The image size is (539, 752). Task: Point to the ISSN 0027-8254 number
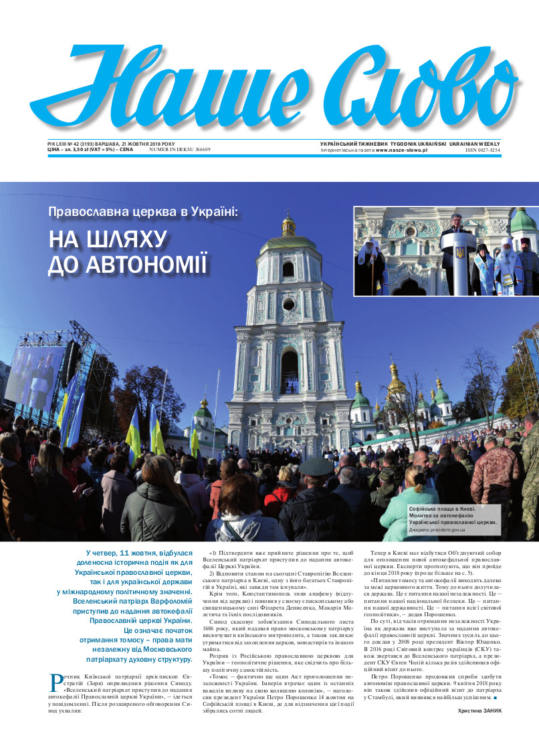point(482,150)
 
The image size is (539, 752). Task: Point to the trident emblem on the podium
point(460,253)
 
